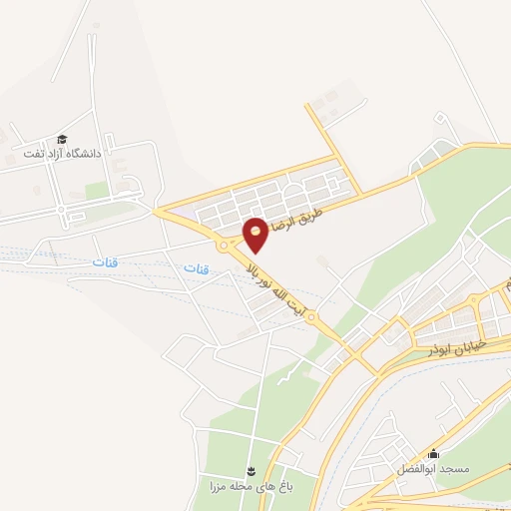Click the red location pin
tap(255, 234)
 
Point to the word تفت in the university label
tap(36, 155)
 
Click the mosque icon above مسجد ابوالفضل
tap(432, 454)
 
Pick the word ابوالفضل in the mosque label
tap(417, 468)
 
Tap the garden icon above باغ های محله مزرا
tap(252, 470)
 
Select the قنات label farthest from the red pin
tap(104, 261)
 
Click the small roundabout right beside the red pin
tap(234, 242)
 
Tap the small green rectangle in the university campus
tap(96, 190)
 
